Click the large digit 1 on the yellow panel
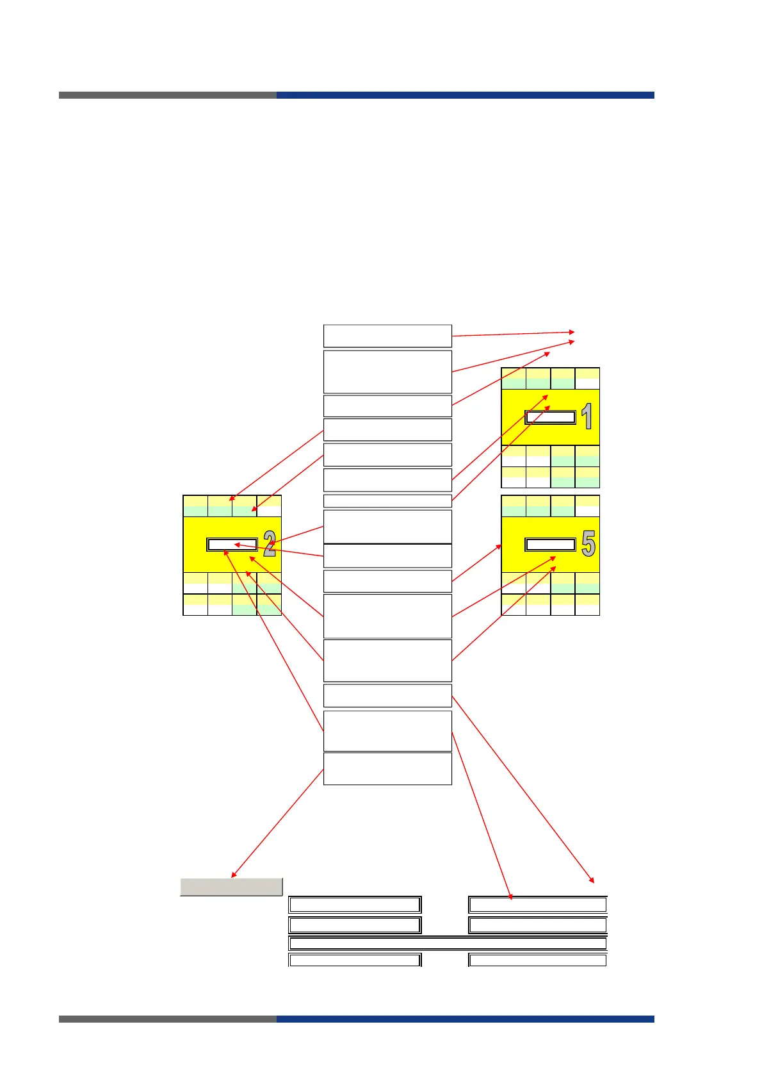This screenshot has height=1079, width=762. tap(587, 416)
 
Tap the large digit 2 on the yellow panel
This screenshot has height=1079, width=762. tap(270, 544)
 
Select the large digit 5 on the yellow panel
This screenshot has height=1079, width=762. tap(588, 544)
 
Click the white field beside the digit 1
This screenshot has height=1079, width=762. tap(550, 418)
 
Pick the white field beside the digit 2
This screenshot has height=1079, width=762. tap(232, 545)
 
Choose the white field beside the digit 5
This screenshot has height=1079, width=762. tap(550, 545)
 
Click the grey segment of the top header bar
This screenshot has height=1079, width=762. tap(167, 95)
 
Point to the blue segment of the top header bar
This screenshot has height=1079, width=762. tap(465, 95)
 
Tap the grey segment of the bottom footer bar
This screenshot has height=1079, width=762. tap(167, 1019)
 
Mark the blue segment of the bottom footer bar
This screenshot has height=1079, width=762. tap(465, 1019)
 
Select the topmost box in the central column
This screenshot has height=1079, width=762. tap(387, 336)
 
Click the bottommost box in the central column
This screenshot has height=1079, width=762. tap(387, 768)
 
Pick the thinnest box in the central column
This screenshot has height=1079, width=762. tap(387, 501)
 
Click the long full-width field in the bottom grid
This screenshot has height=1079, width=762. tap(448, 943)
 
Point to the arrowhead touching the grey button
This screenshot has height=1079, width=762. tap(233, 875)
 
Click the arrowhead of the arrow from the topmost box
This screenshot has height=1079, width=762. tap(572, 332)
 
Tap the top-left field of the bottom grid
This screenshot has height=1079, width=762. tap(355, 905)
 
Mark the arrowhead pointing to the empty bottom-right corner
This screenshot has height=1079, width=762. tap(592, 881)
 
